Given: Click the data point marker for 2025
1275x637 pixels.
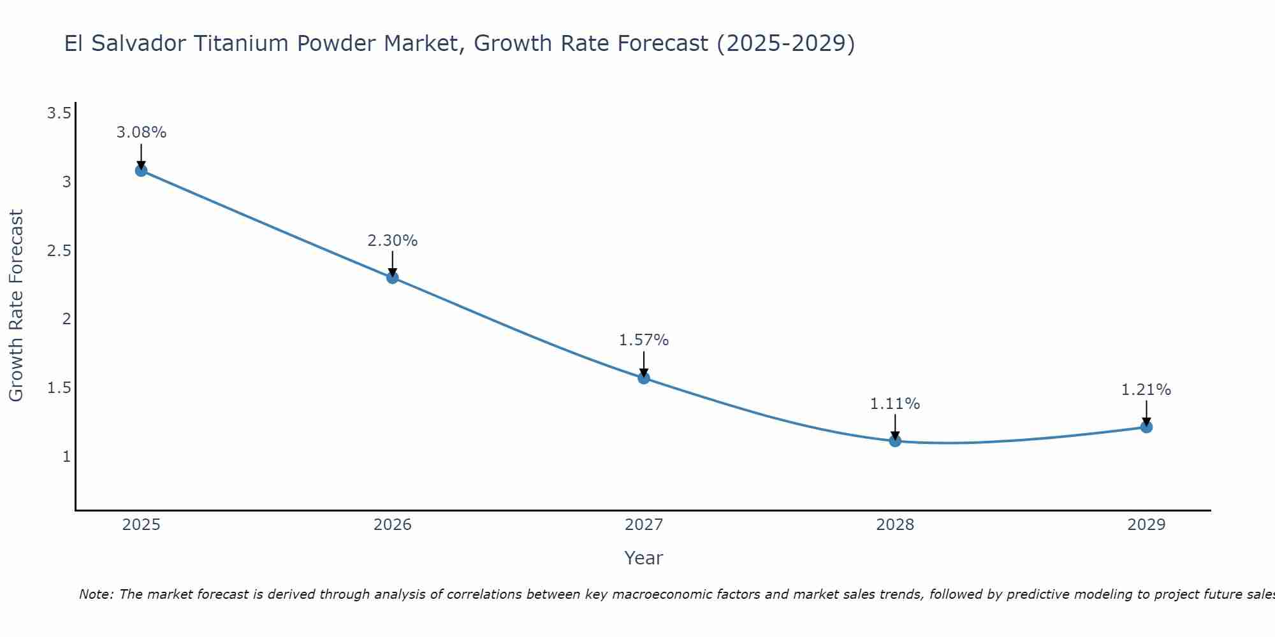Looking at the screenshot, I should (142, 171).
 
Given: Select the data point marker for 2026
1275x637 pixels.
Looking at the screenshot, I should (393, 278).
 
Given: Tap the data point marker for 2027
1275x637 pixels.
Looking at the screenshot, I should (644, 378).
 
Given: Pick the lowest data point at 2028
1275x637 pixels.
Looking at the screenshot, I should (895, 441).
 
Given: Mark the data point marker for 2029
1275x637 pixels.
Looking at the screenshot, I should (1146, 427).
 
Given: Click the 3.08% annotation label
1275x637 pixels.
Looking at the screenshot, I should (142, 132).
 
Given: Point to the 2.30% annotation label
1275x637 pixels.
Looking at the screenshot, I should (393, 241).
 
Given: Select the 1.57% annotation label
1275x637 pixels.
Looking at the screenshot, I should (644, 340).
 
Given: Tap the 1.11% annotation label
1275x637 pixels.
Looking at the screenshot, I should (895, 404).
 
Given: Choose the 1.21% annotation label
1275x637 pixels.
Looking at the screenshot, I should (1146, 390).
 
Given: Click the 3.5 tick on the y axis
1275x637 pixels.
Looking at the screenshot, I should (59, 113).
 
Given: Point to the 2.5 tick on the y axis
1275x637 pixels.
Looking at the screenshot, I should (59, 251).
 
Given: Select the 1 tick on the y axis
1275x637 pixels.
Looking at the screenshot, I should (66, 457).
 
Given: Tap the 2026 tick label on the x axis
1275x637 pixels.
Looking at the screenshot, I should (393, 525).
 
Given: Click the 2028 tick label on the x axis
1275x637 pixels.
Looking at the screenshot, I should (895, 525).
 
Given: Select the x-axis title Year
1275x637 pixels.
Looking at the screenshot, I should (644, 558).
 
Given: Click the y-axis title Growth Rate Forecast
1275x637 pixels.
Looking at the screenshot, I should (17, 306).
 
